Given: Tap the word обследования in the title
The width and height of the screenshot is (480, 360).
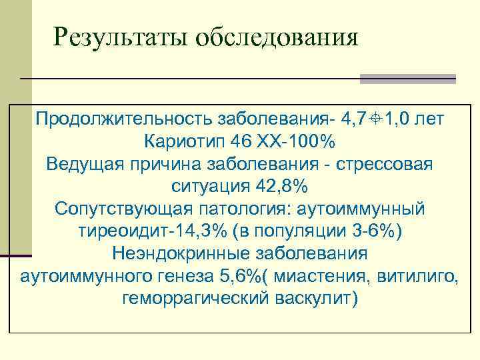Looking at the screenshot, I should (276, 37).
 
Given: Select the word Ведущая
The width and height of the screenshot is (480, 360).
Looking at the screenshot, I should (86, 164).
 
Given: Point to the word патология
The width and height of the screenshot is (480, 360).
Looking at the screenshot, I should (247, 209).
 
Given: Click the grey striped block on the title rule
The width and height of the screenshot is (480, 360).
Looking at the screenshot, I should (407, 79).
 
